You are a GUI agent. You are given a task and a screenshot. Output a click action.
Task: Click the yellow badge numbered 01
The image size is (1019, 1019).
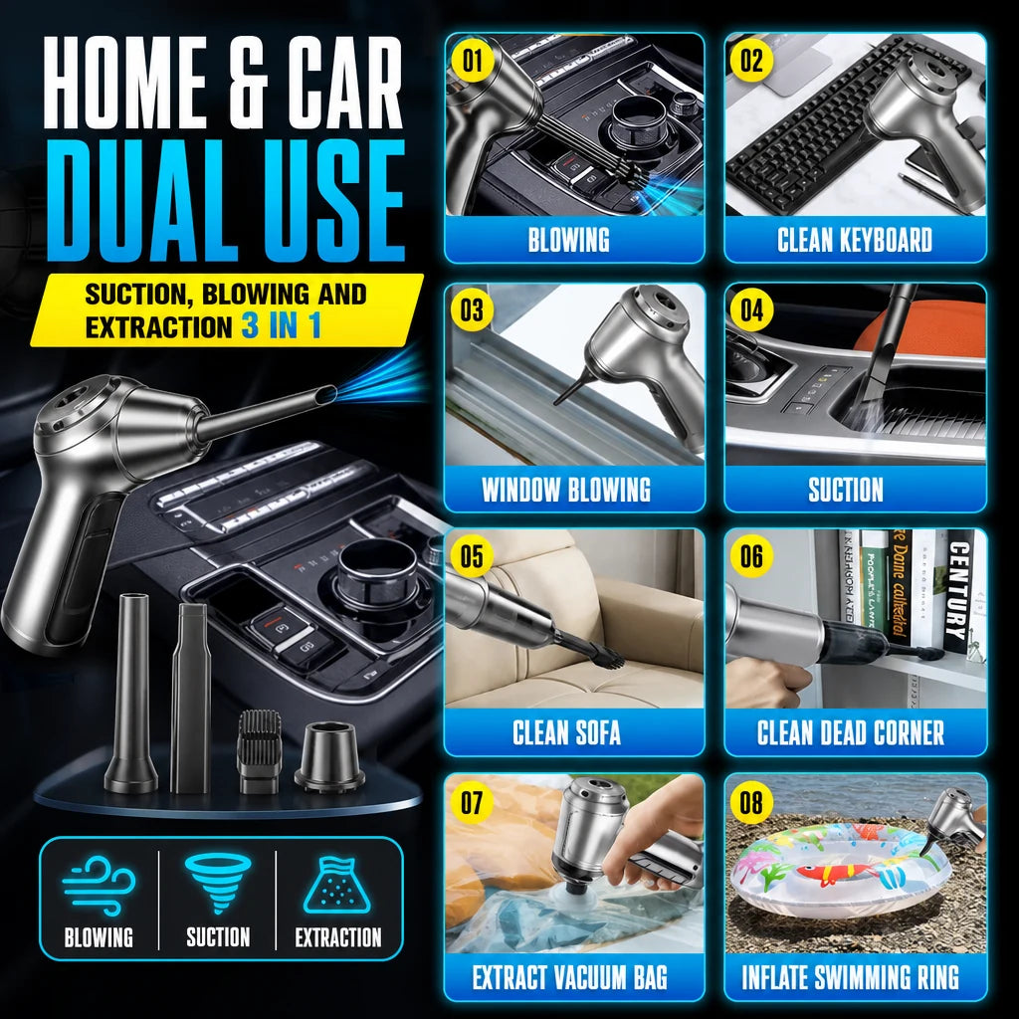(473, 62)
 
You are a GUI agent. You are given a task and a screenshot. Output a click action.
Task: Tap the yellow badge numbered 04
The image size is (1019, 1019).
(752, 310)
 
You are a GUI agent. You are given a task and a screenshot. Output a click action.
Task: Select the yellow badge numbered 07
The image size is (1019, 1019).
(473, 803)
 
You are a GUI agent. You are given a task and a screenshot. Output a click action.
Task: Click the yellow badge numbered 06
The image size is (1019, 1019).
(752, 556)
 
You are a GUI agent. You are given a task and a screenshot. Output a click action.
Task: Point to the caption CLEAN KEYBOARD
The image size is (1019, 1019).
(855, 240)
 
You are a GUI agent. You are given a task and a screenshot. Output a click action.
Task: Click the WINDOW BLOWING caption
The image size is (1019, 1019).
(566, 490)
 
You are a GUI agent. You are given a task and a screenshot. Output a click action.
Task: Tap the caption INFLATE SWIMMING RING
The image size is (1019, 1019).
(850, 977)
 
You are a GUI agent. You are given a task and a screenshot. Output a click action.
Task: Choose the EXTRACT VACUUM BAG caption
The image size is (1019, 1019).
(570, 977)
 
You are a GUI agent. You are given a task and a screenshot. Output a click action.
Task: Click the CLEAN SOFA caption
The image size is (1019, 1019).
(566, 732)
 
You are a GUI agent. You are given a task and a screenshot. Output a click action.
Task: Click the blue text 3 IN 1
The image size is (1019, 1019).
(282, 326)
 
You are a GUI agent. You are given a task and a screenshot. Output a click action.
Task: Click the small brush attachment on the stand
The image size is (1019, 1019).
(260, 751)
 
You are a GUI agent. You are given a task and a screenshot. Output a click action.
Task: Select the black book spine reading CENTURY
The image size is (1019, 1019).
(960, 591)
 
